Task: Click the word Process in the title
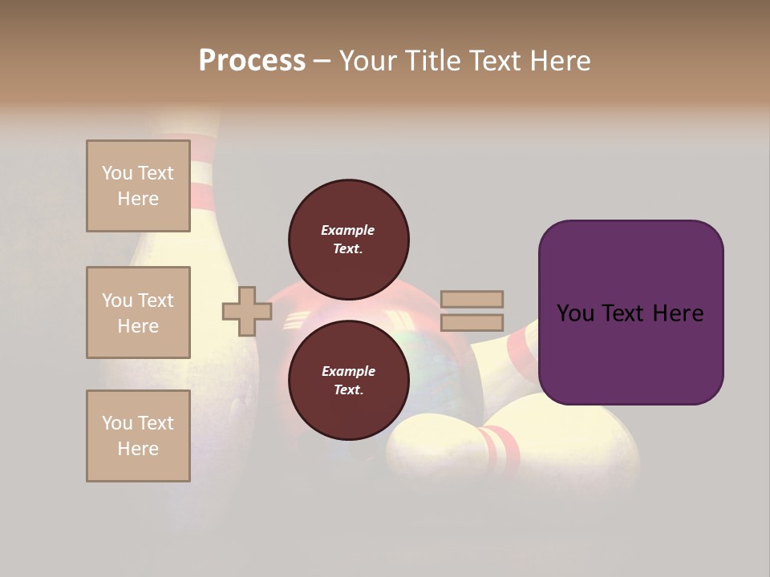[x=252, y=61]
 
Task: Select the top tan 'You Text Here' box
[x=138, y=186]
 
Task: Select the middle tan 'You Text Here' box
[x=138, y=313]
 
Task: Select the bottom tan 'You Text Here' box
[x=138, y=436]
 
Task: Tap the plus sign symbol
[x=247, y=311]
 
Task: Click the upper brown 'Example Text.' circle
[x=348, y=239]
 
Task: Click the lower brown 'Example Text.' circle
[x=348, y=380]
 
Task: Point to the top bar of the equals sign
[x=472, y=300]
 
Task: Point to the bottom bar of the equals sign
[x=472, y=323]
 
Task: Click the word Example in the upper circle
[x=348, y=230]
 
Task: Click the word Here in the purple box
[x=678, y=313]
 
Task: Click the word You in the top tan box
[x=117, y=173]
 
